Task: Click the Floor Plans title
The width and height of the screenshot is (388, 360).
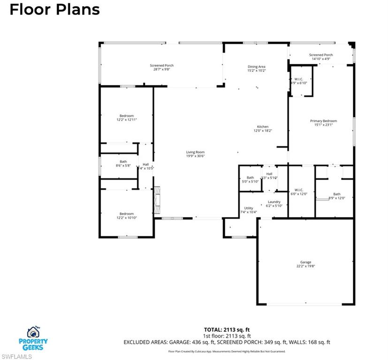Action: (x=54, y=9)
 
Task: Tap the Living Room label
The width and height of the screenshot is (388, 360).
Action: (x=195, y=154)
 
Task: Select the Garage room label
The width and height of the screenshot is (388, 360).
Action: (x=305, y=264)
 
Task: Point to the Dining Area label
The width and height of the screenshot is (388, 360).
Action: (x=256, y=69)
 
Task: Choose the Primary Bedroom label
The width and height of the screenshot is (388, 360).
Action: (x=323, y=123)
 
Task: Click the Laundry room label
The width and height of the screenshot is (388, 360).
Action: (x=274, y=204)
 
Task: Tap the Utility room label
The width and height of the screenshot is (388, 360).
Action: (x=248, y=210)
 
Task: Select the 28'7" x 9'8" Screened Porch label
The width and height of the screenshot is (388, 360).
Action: (x=162, y=67)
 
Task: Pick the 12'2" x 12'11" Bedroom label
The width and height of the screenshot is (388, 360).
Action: (x=126, y=118)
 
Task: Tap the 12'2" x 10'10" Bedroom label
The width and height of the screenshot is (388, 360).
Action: (x=126, y=216)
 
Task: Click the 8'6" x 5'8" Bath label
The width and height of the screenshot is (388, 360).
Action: (x=123, y=164)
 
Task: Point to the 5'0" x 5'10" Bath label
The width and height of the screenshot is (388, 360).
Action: (x=250, y=180)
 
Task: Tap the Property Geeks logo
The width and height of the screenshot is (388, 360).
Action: (x=33, y=338)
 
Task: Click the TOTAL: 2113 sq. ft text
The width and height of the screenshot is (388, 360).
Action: (x=227, y=329)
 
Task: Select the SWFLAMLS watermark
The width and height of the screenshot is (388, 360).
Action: (x=16, y=356)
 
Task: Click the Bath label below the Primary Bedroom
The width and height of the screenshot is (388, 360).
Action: (x=336, y=196)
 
